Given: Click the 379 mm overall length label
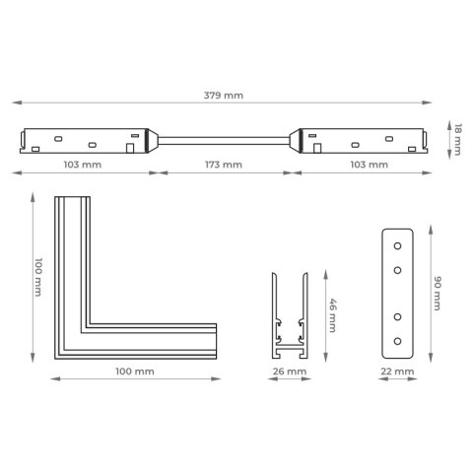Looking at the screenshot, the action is click(224, 96).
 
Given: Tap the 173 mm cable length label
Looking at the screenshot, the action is click(224, 165).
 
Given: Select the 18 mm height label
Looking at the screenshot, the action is click(457, 140).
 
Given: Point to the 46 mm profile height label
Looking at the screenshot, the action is click(332, 315).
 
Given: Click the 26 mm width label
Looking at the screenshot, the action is click(290, 372).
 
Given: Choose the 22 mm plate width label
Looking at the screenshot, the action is click(397, 372).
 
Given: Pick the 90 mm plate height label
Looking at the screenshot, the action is click(438, 294).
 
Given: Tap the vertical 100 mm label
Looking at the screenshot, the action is click(38, 277).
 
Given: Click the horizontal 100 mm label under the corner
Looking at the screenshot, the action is click(135, 372).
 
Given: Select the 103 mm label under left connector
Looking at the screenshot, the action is click(83, 165).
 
